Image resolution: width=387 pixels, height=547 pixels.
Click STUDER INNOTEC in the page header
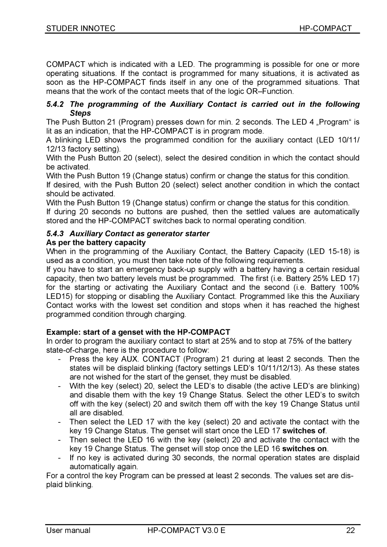coord(81,29)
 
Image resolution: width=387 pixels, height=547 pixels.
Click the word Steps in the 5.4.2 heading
coord(80,113)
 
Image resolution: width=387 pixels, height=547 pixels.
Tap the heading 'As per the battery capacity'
coord(96,243)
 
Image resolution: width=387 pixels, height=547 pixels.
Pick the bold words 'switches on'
coord(305,449)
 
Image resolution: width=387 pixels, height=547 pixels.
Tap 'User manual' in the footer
coord(68,531)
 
